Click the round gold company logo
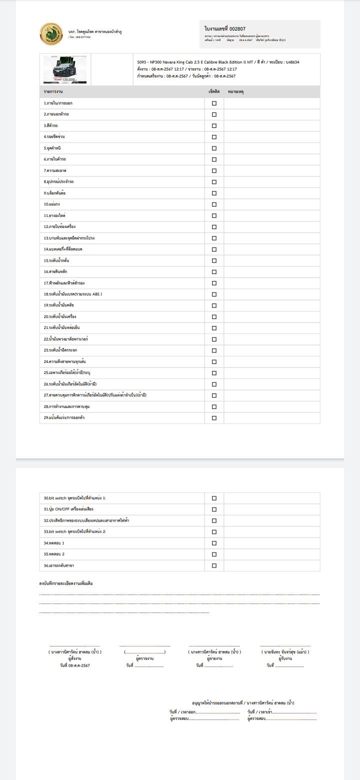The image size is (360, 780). pos(51,34)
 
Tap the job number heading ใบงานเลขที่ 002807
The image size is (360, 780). pos(225,29)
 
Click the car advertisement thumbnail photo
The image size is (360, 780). pos(65,69)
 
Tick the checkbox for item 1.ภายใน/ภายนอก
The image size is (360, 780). pos(214,103)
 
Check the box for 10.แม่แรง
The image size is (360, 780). pos(214,204)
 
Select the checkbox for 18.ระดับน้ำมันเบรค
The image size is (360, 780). pos(214,294)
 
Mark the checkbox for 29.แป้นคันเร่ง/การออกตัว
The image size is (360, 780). pos(214,418)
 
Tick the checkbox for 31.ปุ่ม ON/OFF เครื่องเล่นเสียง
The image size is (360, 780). pos(214,509)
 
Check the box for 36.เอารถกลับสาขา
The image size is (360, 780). pos(214,565)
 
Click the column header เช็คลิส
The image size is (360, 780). pos(214,92)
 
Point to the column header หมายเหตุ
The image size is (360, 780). pos(235,92)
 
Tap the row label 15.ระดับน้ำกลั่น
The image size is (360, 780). pos(56,260)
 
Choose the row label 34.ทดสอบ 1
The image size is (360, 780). pos(54,543)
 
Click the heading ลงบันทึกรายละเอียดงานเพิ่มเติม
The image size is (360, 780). pos(66,583)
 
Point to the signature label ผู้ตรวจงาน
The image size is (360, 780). pos(144,658)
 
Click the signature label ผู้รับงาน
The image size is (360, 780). pos(285,658)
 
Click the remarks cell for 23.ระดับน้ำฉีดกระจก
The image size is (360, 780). pos(271,350)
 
